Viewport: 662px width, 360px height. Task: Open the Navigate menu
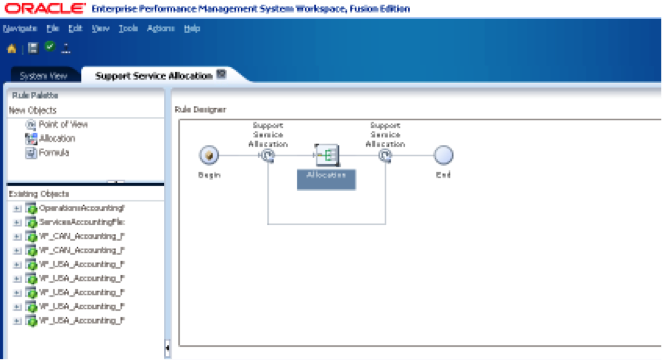click(x=20, y=29)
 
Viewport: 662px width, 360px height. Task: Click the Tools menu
click(x=128, y=29)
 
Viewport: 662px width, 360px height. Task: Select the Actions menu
click(x=160, y=29)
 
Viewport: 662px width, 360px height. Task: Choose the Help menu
click(x=192, y=29)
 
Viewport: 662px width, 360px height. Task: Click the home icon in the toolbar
click(x=11, y=47)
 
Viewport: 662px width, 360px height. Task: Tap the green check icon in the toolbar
click(x=49, y=46)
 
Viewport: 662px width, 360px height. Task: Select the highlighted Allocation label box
click(x=326, y=175)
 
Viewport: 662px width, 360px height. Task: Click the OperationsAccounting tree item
click(x=80, y=207)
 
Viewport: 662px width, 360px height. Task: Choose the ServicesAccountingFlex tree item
click(x=81, y=221)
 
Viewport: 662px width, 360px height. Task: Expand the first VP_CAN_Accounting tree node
click(x=17, y=236)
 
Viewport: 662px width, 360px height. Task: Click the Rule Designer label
click(x=200, y=108)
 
